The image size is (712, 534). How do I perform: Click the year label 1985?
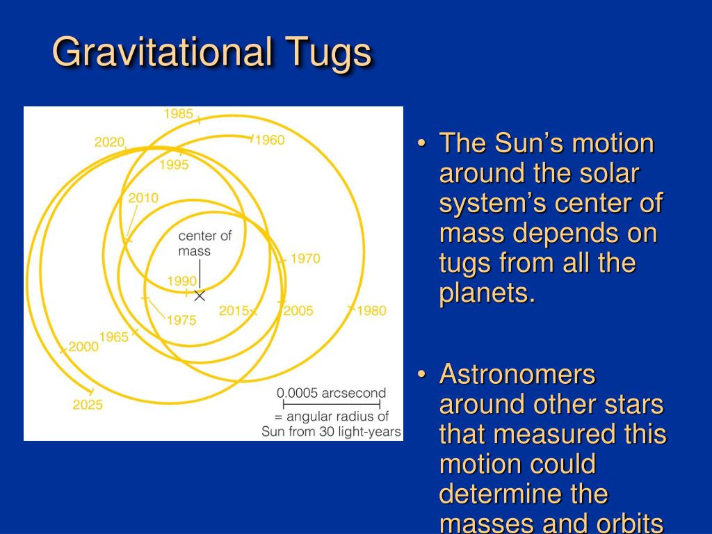[179, 113]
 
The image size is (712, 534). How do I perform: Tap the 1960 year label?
[270, 140]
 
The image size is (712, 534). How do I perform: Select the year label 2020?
[109, 142]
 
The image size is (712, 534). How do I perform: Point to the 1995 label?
[174, 164]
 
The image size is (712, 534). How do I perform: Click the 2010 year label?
[143, 198]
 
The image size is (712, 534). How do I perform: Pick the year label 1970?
[306, 259]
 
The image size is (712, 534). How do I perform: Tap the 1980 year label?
[371, 311]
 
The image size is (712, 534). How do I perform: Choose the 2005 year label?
[298, 311]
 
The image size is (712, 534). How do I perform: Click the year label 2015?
[234, 311]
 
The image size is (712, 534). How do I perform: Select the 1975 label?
[181, 320]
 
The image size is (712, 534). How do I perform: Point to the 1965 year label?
[114, 337]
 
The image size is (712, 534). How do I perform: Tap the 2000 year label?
[83, 346]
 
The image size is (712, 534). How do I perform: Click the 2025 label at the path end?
[88, 405]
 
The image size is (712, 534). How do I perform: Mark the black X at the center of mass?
[200, 296]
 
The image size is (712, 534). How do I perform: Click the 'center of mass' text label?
[205, 243]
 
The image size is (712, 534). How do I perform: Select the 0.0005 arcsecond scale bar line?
[332, 404]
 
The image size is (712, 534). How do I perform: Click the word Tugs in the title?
[328, 53]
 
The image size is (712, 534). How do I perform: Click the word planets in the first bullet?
[487, 293]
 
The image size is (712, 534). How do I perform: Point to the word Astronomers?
[517, 374]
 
